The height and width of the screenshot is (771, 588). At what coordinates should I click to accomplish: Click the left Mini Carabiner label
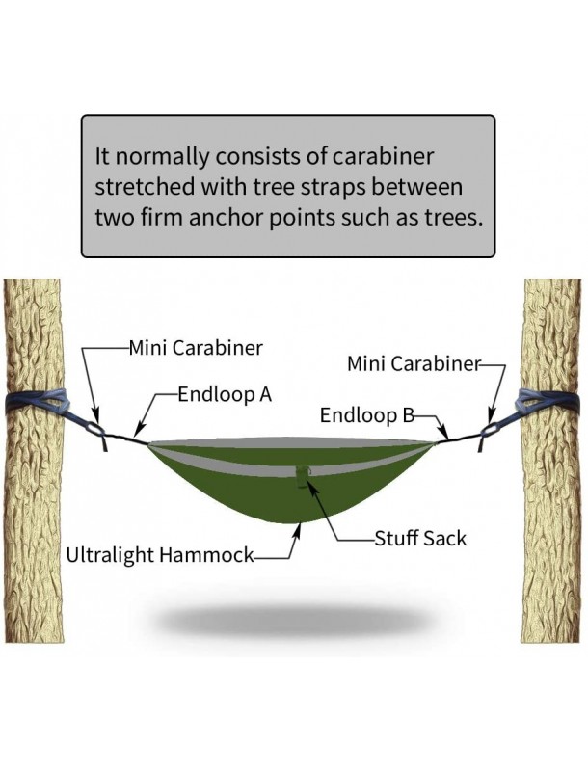pyautogui.click(x=196, y=348)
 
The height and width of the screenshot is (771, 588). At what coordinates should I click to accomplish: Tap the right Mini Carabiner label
pyautogui.click(x=414, y=363)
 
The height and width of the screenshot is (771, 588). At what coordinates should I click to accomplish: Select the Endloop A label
pyautogui.click(x=226, y=394)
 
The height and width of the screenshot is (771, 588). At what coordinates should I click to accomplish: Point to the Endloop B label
pyautogui.click(x=367, y=415)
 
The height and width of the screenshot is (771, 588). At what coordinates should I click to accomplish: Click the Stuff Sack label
pyautogui.click(x=420, y=538)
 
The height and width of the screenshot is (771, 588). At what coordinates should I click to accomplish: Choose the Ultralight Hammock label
pyautogui.click(x=160, y=556)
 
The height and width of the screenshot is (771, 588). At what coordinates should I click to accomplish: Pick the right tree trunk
pyautogui.click(x=551, y=540)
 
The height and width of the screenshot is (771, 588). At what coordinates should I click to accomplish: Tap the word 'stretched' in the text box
pyautogui.click(x=141, y=186)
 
